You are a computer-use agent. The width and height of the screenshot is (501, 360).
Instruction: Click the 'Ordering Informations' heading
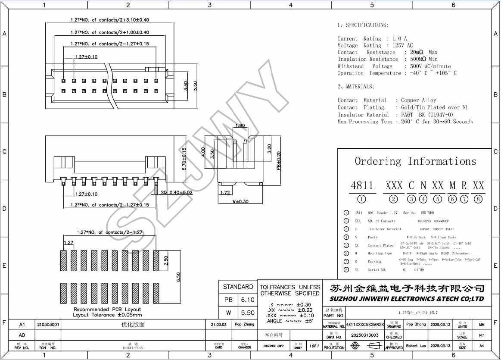point(415,161)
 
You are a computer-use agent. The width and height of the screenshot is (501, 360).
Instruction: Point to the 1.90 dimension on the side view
point(240,126)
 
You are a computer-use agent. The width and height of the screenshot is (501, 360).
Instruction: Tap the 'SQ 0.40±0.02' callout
point(177,193)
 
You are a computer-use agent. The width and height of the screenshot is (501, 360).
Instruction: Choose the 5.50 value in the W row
point(248,313)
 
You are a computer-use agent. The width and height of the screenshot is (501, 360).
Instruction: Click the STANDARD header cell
point(238,287)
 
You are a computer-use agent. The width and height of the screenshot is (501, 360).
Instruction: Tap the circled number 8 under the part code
point(478,199)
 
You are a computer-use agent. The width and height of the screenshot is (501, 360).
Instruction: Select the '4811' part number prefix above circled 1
point(362,185)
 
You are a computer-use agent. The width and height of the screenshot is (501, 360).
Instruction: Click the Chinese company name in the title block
point(407,288)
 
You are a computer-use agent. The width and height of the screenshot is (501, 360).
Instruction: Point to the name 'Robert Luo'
point(416,345)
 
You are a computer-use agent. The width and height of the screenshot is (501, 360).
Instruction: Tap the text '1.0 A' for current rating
point(399,39)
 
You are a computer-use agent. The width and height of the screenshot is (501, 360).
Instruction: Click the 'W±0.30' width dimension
point(240,201)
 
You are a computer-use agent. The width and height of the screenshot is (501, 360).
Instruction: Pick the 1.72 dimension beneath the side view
point(225,192)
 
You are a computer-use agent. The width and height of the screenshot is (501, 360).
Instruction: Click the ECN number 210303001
point(48,324)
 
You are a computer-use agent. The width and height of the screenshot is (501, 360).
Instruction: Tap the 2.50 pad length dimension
point(166,260)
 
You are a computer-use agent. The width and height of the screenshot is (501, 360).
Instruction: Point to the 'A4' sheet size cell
point(482,346)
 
